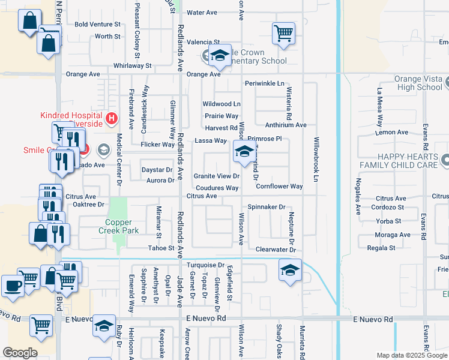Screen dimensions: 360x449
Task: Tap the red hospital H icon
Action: click(110, 119)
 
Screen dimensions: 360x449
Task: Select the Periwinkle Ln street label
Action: click(264, 83)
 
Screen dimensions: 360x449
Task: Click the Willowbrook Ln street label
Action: click(315, 160)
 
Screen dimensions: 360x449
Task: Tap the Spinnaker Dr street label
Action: click(267, 207)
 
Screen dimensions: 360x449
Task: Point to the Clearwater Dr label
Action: click(276, 249)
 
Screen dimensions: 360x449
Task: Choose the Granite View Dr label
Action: click(217, 176)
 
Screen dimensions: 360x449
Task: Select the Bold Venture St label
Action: click(98, 25)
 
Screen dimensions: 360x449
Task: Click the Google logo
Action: click(20, 353)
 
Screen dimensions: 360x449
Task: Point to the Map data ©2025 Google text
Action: click(412, 355)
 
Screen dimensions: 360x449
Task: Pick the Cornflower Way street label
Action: click(279, 187)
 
